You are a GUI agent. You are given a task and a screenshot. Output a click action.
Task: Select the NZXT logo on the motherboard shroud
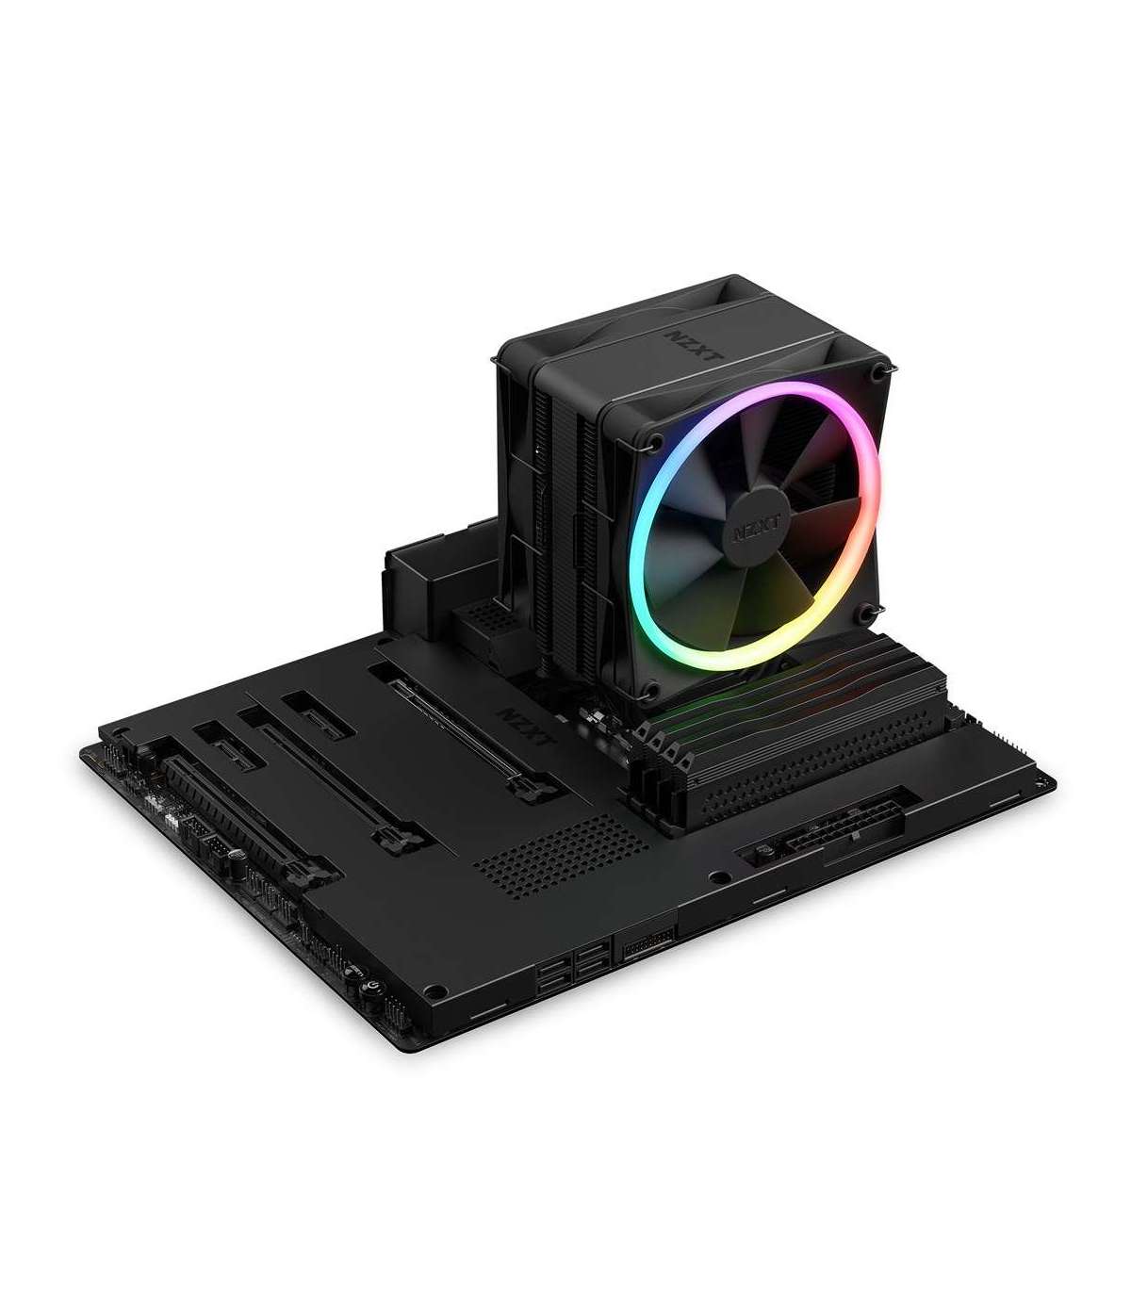[x=526, y=727]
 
